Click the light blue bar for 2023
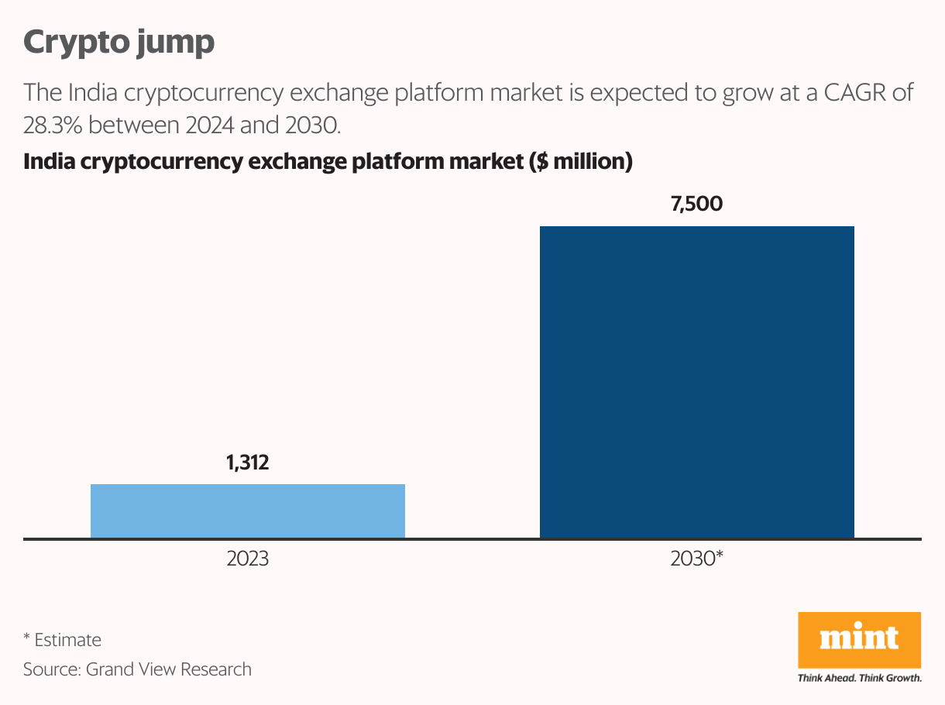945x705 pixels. pyautogui.click(x=248, y=511)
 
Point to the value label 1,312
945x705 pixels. pyautogui.click(x=248, y=463)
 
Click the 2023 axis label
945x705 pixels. pyautogui.click(x=248, y=559)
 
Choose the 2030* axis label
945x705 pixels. pyautogui.click(x=696, y=559)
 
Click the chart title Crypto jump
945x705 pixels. pyautogui.click(x=119, y=42)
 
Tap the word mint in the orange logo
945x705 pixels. pyautogui.click(x=859, y=638)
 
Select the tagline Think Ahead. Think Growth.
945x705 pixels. pyautogui.click(x=859, y=678)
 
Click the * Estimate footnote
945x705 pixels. pyautogui.click(x=62, y=640)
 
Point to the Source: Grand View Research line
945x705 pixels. pyautogui.click(x=137, y=669)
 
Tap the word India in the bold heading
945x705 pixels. pyautogui.click(x=49, y=162)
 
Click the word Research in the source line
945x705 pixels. pyautogui.click(x=216, y=669)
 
